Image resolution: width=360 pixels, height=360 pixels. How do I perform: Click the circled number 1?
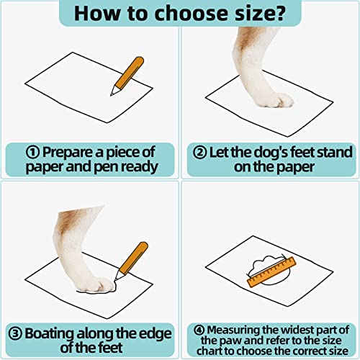32,152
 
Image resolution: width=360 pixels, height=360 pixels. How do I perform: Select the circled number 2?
199,152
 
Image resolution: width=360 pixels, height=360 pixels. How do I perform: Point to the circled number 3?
15,333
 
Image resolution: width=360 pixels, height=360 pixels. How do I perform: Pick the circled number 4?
199,330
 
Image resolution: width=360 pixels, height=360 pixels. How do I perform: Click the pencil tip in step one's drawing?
111,95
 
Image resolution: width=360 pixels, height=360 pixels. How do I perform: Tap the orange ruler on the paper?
271,272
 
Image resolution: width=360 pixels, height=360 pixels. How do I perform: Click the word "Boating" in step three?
50,334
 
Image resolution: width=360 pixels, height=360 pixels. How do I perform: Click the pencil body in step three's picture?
134,258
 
